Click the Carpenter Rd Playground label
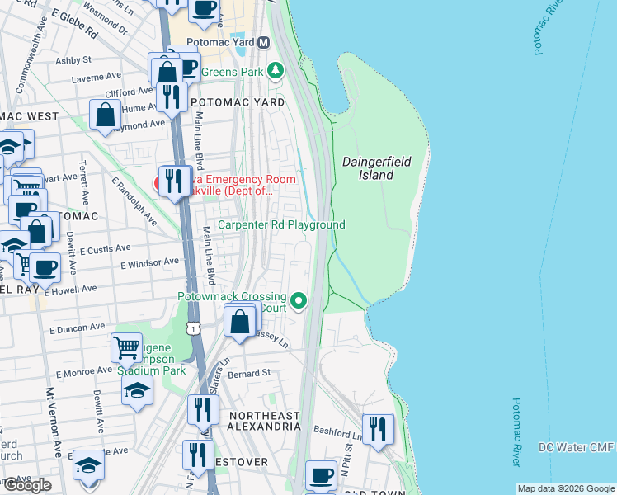click(281, 225)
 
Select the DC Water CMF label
click(576, 447)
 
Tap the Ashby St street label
click(73, 60)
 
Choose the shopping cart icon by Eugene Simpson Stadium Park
click(126, 348)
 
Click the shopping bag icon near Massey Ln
click(240, 322)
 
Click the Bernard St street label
click(250, 374)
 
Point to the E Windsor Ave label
click(149, 263)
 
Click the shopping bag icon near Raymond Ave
click(106, 115)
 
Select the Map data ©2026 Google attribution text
click(566, 488)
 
